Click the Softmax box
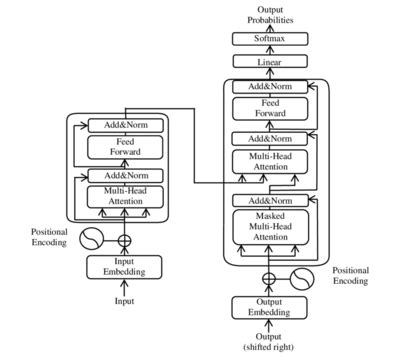click(267, 40)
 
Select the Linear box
click(267, 62)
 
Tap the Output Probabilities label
click(267, 15)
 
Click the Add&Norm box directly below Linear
click(267, 87)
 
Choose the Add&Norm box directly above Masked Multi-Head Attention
click(267, 202)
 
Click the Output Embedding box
click(267, 308)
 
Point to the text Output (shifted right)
click(267, 340)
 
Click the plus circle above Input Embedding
click(125, 240)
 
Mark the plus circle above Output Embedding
click(268, 279)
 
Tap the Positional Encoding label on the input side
click(48, 237)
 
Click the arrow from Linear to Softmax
click(267, 51)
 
